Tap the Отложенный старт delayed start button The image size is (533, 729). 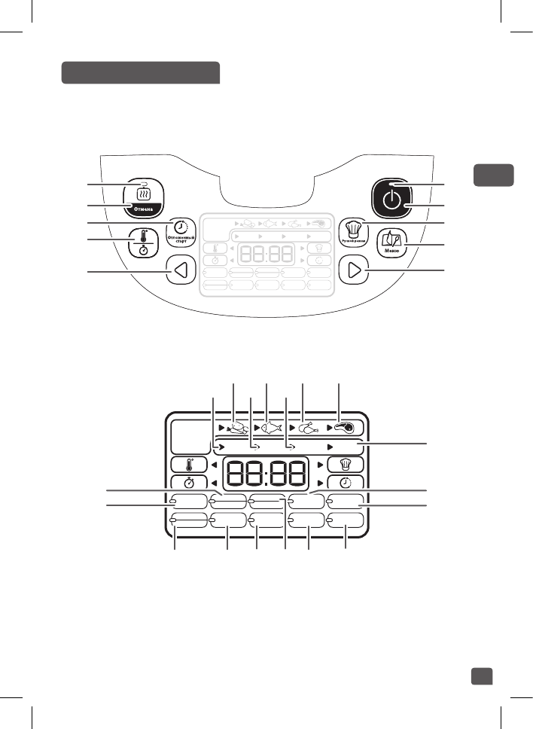coord(181,227)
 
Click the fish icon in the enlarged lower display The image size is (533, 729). coord(270,428)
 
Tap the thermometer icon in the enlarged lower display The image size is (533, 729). coord(184,465)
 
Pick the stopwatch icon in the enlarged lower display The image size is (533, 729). coord(184,483)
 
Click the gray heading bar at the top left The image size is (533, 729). coord(140,73)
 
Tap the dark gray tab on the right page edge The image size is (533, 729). coord(493,175)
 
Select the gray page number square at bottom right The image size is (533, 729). coord(482,676)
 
